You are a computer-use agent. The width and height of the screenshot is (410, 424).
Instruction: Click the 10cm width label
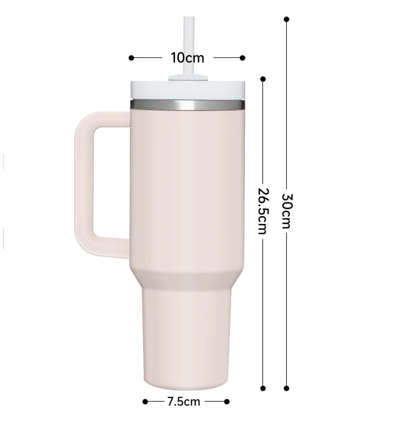(x=187, y=58)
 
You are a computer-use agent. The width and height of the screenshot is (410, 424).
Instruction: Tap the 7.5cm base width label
(x=184, y=401)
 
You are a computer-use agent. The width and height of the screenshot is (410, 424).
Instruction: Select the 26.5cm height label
(x=263, y=211)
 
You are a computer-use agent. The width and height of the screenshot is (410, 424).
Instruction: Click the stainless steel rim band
(x=187, y=105)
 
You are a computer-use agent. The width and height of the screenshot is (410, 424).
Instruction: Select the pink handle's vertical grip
(x=84, y=184)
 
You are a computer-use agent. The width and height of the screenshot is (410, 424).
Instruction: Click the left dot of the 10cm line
(x=132, y=58)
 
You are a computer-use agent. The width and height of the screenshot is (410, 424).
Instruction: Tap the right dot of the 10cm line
(x=242, y=58)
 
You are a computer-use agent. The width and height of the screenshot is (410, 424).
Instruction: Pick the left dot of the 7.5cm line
(x=145, y=401)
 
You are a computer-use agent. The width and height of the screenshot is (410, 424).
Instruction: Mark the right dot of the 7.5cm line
(x=227, y=401)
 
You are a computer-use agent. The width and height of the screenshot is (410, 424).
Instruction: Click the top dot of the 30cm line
(x=286, y=19)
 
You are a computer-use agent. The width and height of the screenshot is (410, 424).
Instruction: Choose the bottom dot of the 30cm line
(x=286, y=388)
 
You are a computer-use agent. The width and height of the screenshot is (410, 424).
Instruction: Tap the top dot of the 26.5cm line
(x=263, y=79)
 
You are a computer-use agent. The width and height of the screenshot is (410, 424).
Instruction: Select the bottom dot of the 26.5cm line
(x=263, y=388)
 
